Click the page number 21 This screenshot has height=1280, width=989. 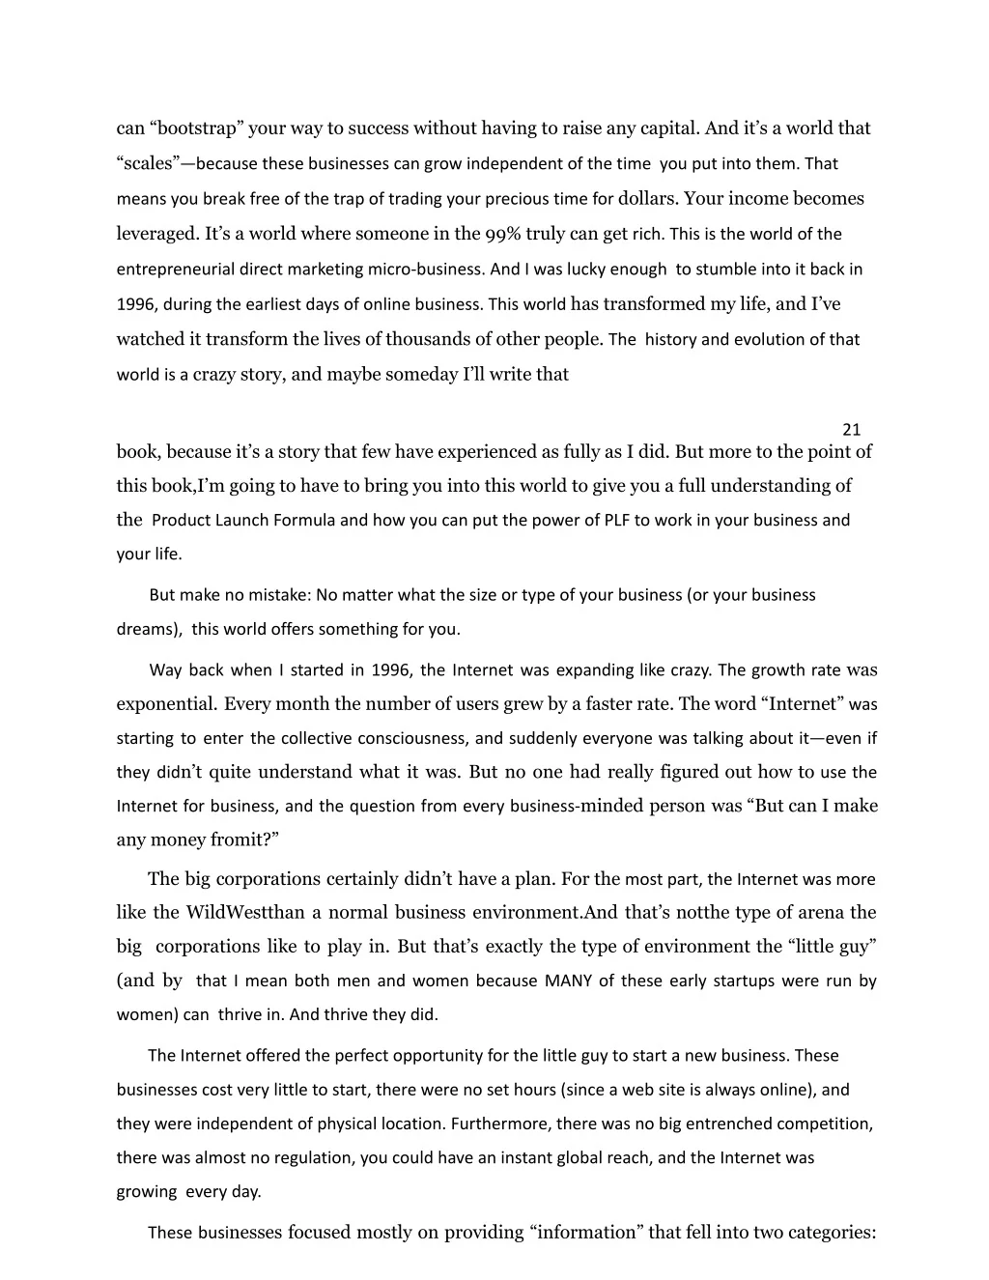coord(851,429)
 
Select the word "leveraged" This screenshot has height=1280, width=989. coord(157,234)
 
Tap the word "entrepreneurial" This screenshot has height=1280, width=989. coord(176,270)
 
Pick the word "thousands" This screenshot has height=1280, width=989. coord(430,339)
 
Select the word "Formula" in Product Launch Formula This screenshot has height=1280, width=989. coord(304,520)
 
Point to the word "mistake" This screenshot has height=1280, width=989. coord(277,595)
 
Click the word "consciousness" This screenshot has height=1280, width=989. coord(412,738)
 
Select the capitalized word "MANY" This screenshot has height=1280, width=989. coord(568,981)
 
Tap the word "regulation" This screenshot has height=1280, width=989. coord(305,1157)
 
